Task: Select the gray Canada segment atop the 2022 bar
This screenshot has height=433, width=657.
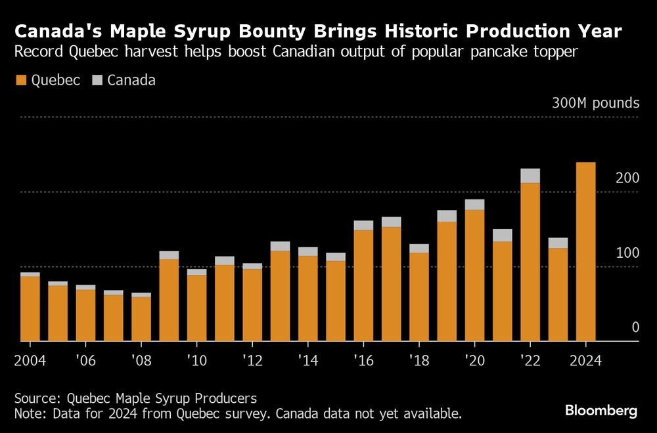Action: pos(530,175)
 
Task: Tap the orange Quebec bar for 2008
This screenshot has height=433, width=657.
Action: pos(141,319)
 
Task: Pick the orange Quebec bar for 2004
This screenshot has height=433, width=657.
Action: pos(30,308)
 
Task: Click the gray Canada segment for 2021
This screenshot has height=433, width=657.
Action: pos(503,235)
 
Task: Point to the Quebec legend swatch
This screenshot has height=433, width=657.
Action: pos(21,81)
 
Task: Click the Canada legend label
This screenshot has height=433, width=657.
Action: pos(131,81)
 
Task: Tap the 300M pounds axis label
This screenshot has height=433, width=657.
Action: pos(595,104)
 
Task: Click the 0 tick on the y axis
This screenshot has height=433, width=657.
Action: pos(635,327)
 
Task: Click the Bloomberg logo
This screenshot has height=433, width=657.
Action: pos(601,411)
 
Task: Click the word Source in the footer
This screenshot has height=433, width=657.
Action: pos(36,398)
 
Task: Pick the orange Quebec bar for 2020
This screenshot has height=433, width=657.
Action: pos(474,276)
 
